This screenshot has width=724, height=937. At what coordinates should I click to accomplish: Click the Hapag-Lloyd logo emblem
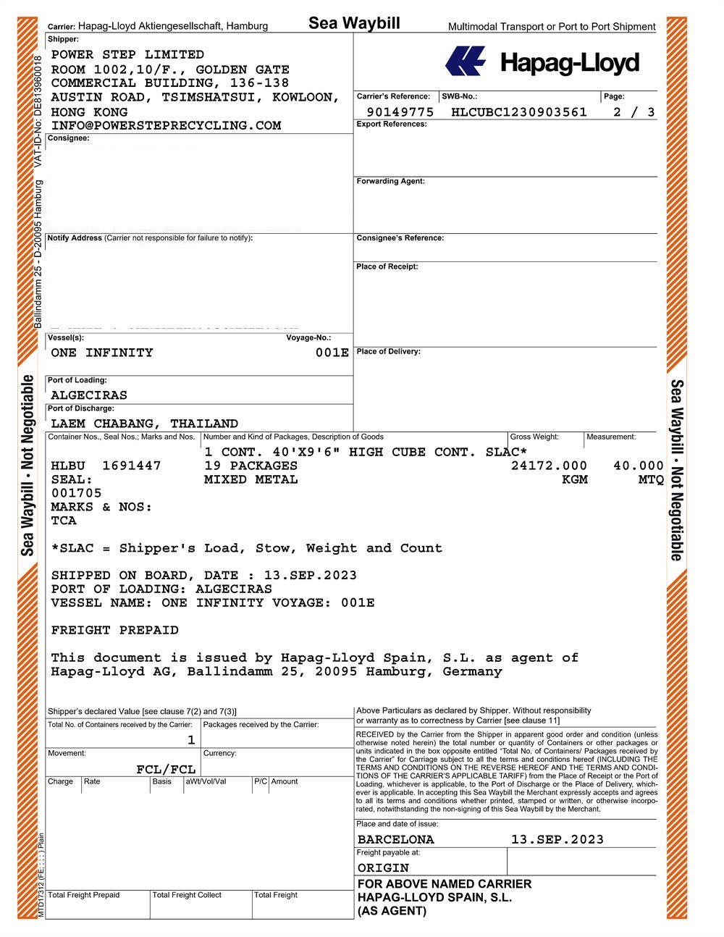click(x=465, y=61)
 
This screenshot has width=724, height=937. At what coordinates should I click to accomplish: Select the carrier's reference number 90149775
click(x=400, y=112)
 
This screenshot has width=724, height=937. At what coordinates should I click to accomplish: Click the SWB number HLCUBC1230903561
click(x=518, y=112)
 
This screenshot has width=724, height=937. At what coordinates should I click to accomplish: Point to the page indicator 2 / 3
click(x=633, y=112)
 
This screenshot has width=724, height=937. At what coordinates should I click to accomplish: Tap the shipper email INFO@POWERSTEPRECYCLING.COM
click(x=166, y=125)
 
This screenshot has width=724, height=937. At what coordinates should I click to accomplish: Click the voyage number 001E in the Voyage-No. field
click(x=332, y=353)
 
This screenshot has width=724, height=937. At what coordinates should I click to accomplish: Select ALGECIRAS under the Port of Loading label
click(x=89, y=395)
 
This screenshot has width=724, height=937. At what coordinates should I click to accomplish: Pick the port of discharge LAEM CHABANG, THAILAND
click(x=144, y=424)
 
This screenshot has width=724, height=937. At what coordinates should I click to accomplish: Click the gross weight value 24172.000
click(x=549, y=466)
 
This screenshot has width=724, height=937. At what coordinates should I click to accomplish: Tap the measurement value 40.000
click(x=638, y=466)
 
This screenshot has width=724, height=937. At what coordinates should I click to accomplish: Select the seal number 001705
click(x=77, y=493)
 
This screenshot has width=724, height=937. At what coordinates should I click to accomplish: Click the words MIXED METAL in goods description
click(x=251, y=479)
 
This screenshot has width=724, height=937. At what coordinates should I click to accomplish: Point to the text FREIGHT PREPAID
click(x=114, y=630)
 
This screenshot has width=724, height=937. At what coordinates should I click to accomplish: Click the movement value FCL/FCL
click(x=166, y=769)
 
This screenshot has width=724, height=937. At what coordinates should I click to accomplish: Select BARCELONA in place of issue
click(x=395, y=840)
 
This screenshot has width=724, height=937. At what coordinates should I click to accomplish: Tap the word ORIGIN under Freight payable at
click(x=383, y=867)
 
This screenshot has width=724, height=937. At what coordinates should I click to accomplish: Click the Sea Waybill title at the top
click(x=354, y=23)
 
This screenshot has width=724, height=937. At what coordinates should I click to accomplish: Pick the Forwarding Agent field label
click(x=390, y=181)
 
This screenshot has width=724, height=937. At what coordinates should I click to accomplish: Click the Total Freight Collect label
click(x=187, y=895)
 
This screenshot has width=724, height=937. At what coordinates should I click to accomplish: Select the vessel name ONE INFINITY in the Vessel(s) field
click(x=102, y=353)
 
